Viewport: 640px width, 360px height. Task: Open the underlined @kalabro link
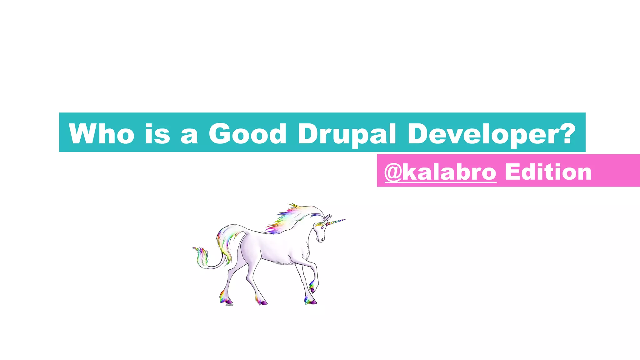(x=440, y=172)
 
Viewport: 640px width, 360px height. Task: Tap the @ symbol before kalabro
(x=393, y=172)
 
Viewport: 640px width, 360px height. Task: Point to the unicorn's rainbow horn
(x=336, y=222)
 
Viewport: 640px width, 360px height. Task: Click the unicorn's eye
(x=322, y=228)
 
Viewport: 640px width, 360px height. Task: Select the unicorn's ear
(x=327, y=218)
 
